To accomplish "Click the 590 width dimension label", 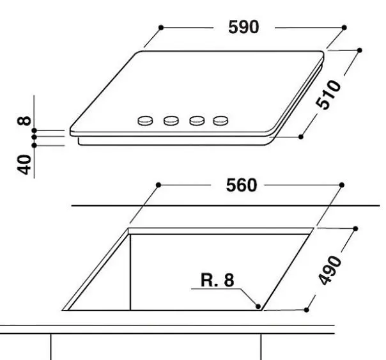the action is [243, 27].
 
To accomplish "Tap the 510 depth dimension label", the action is [328, 95].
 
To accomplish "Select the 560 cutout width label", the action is [242, 185].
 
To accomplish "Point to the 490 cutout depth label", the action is [330, 270].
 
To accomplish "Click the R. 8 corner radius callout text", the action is [217, 280].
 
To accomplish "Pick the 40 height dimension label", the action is [24, 164].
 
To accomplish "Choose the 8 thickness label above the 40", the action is [24, 121].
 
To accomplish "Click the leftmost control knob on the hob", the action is [145, 121].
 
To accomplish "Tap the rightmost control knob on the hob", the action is [220, 121].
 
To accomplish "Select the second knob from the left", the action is [171, 121].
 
